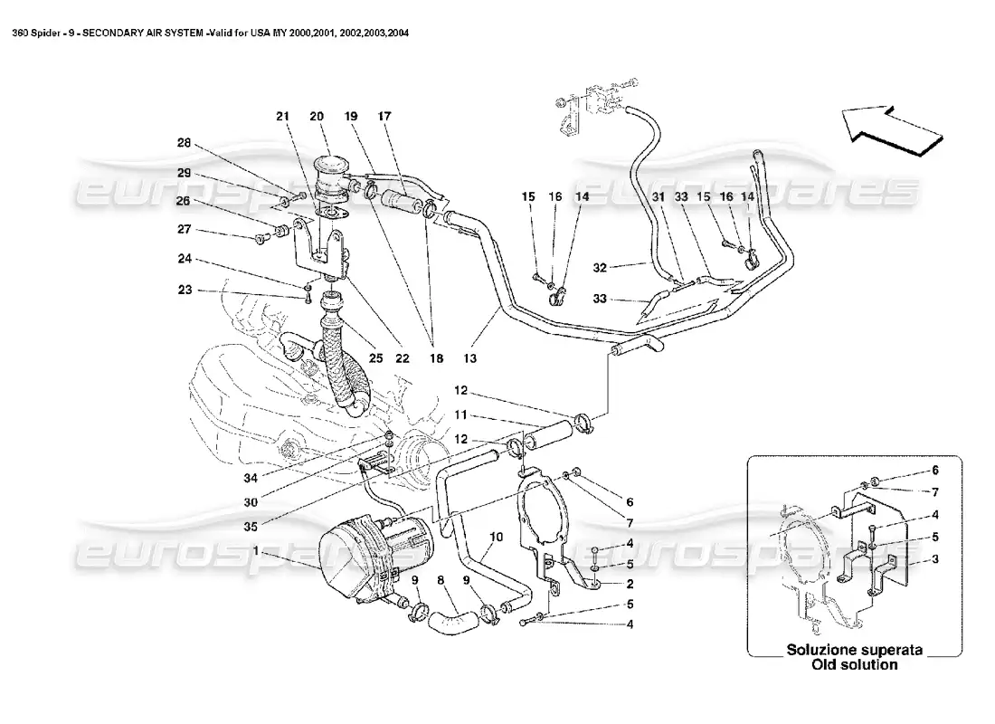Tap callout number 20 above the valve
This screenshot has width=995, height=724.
[316, 116]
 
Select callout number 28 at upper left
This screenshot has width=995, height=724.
[184, 144]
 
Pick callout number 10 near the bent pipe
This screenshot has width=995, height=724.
[495, 536]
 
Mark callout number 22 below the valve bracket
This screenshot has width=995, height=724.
[403, 358]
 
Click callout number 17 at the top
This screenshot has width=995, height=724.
[384, 116]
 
